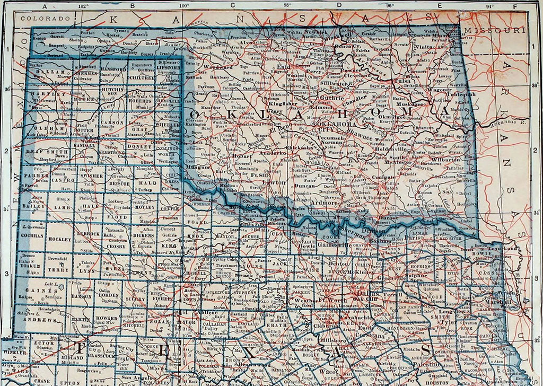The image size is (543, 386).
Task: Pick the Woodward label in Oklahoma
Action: (218, 67)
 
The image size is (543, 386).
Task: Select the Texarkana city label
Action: (501, 247)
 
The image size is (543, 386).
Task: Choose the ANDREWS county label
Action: (39, 320)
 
